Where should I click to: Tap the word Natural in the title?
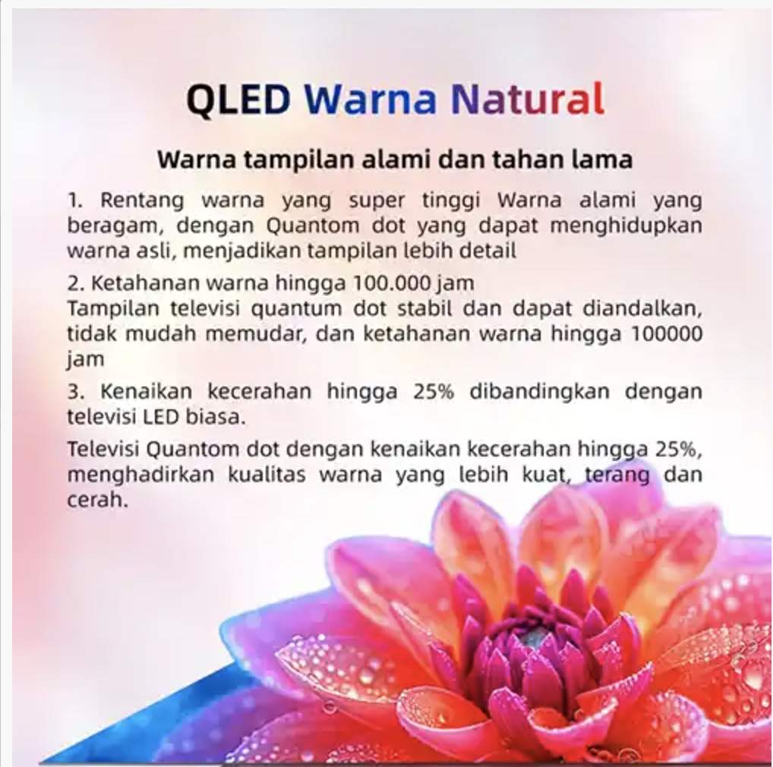[528, 99]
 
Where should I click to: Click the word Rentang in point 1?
[142, 201]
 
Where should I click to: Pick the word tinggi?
[451, 201]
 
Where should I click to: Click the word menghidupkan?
[626, 226]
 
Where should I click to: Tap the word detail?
[488, 251]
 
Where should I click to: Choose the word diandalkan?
[643, 309]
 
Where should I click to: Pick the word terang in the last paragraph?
[617, 475]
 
